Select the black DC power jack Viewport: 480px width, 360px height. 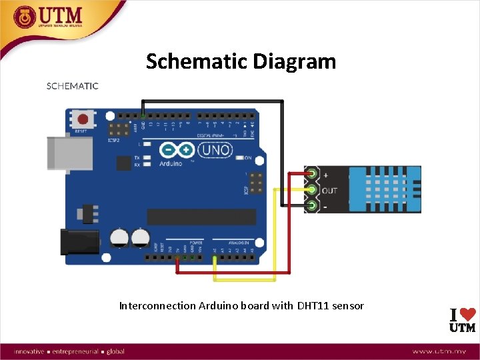(79, 241)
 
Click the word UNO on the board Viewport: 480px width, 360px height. (215, 151)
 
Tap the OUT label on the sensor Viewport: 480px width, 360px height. (329, 191)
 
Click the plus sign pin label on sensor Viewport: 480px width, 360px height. (325, 175)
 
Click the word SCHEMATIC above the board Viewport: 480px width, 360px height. (72, 86)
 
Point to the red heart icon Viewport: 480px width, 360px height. (469, 313)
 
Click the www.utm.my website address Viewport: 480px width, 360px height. (443, 351)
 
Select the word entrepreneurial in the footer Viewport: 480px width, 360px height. (75, 351)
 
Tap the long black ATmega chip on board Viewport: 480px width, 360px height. (201, 217)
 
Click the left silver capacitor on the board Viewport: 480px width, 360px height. (119, 237)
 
